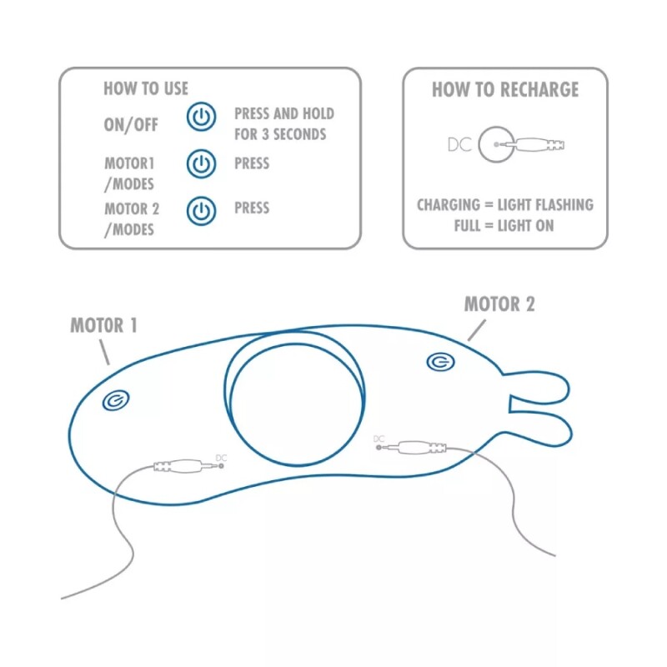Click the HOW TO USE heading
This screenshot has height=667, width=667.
pos(146,88)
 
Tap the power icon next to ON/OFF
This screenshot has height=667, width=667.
pos(201,117)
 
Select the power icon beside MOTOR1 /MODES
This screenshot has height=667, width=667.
pos(201,163)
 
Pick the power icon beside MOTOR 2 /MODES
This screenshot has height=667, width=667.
pos(201,211)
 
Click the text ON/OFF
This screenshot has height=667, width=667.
pos(131,125)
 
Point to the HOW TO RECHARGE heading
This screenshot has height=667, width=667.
pos(505,90)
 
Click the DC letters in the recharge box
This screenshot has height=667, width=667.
pos(460,144)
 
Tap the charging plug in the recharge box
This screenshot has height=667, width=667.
pos(529,144)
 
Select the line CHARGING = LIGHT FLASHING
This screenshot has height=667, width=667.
pos(505,204)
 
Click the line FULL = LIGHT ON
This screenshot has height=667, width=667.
pos(504,225)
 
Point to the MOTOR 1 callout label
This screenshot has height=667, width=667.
pos(103,325)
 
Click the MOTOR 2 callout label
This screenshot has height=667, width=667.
pos(499,304)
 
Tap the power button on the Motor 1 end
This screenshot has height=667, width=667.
pos(116,401)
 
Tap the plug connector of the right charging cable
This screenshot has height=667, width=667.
pos(412,448)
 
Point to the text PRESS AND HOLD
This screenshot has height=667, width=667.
pos(284,113)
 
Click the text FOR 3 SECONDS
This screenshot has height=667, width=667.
pos(280,134)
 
